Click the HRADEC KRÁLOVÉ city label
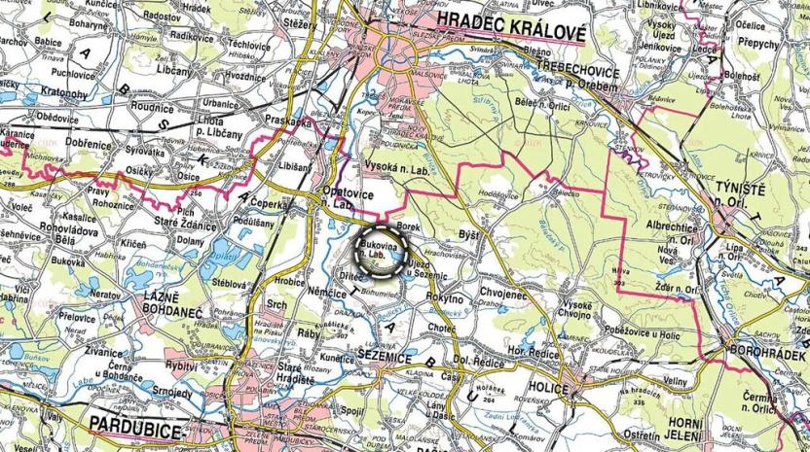[512, 32]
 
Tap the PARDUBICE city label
[136, 424]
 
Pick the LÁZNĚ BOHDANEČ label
[163, 310]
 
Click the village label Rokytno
[446, 299]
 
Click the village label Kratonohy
[65, 93]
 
